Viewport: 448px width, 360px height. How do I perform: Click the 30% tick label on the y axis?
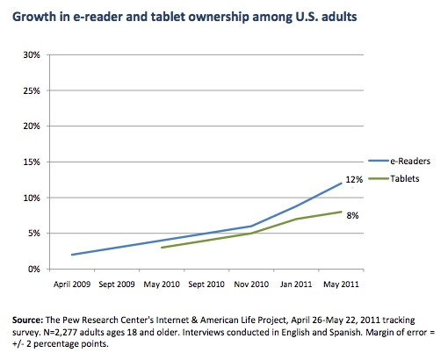pyautogui.click(x=32, y=55)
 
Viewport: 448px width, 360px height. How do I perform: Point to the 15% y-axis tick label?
pyautogui.click(x=32, y=162)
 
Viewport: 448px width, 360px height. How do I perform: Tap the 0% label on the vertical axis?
pyautogui.click(x=34, y=270)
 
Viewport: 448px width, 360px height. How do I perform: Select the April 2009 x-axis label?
pyautogui.click(x=72, y=284)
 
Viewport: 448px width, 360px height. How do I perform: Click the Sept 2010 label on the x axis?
pyautogui.click(x=206, y=284)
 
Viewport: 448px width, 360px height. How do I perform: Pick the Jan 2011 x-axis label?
pyautogui.click(x=296, y=284)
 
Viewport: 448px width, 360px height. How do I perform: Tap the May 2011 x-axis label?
pyautogui.click(x=341, y=284)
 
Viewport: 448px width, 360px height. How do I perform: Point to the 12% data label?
pyautogui.click(x=354, y=179)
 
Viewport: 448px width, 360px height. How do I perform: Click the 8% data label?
pyautogui.click(x=352, y=216)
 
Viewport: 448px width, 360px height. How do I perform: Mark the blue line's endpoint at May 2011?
pyautogui.click(x=342, y=184)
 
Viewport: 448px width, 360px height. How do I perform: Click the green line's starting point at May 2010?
pyautogui.click(x=162, y=248)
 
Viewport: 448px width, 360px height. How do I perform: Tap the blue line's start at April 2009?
pyautogui.click(x=72, y=255)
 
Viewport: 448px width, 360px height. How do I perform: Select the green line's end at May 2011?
pyautogui.click(x=342, y=212)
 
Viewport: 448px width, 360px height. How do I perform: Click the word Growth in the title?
pyautogui.click(x=34, y=17)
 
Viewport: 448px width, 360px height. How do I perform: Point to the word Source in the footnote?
pyautogui.click(x=27, y=320)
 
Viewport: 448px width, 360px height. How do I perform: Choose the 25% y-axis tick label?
pyautogui.click(x=32, y=91)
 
